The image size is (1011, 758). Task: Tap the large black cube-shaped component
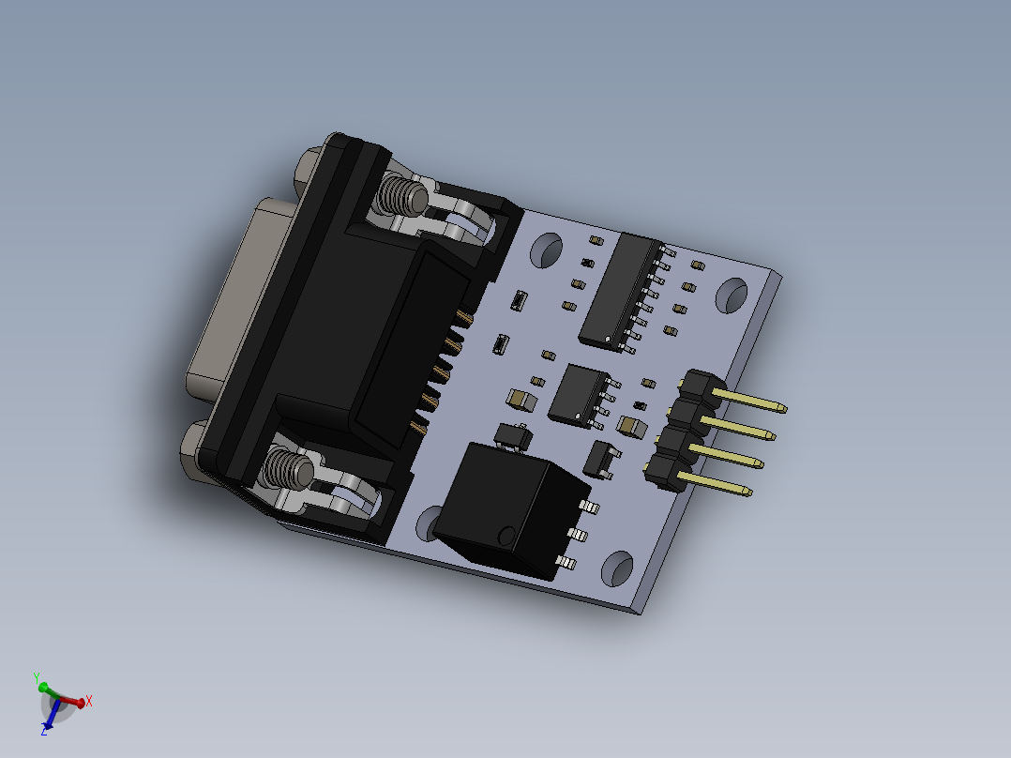pyautogui.click(x=511, y=507)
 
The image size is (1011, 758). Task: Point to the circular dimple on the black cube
pyautogui.click(x=506, y=537)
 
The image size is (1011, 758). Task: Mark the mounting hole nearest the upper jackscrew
pyautogui.click(x=546, y=251)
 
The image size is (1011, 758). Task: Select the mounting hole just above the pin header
pyautogui.click(x=732, y=295)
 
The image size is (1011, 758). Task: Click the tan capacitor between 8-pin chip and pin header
pyautogui.click(x=633, y=429)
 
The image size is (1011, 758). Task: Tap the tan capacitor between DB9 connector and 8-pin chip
pyautogui.click(x=521, y=400)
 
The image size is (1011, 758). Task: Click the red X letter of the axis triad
pyautogui.click(x=89, y=700)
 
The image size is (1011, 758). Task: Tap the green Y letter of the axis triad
pyautogui.click(x=36, y=675)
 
